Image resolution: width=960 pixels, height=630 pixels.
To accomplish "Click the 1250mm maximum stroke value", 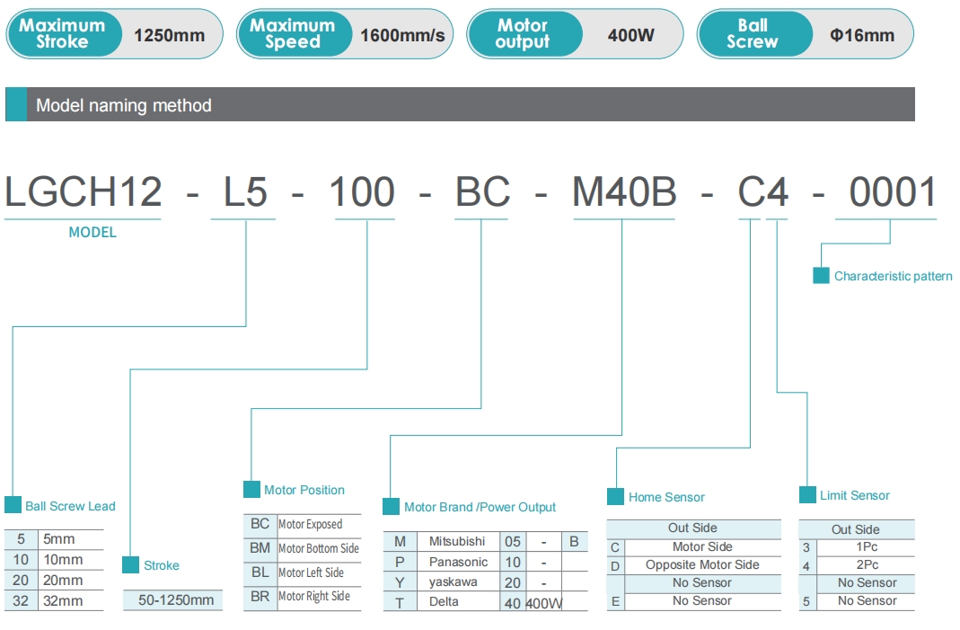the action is [169, 36].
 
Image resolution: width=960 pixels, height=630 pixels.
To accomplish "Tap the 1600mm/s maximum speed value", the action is [402, 36].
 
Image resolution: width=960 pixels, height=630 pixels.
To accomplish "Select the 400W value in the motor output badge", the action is [630, 36].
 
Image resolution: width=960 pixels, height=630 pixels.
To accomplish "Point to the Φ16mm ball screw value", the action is [862, 36].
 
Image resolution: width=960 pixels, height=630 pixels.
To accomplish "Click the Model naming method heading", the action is [124, 105].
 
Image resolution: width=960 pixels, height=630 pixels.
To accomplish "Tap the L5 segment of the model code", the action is [245, 191].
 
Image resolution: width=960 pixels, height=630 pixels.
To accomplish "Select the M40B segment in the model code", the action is [624, 191].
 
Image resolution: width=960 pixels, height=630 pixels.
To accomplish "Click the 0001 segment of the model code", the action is [893, 191].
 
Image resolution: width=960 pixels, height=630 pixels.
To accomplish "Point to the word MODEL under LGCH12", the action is [92, 232].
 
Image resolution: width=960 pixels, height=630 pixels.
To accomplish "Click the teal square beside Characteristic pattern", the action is [821, 275].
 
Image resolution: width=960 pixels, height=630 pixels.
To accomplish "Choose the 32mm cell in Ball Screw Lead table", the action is [63, 601].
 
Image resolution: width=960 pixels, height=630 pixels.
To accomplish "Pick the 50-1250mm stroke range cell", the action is [176, 600].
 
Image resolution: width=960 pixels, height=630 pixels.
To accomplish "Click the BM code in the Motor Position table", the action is [260, 548].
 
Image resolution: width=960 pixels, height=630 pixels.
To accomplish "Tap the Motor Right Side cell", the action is [314, 596].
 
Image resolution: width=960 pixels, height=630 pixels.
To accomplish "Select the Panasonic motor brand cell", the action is [458, 562].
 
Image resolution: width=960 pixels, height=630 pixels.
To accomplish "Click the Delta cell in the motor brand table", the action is [444, 601].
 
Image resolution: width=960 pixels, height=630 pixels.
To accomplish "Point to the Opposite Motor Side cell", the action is [702, 565].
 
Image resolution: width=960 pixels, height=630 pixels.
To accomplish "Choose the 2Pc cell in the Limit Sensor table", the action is [867, 565].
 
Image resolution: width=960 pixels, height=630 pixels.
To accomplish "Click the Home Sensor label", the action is [666, 497].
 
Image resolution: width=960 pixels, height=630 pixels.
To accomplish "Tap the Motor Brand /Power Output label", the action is [480, 507].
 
